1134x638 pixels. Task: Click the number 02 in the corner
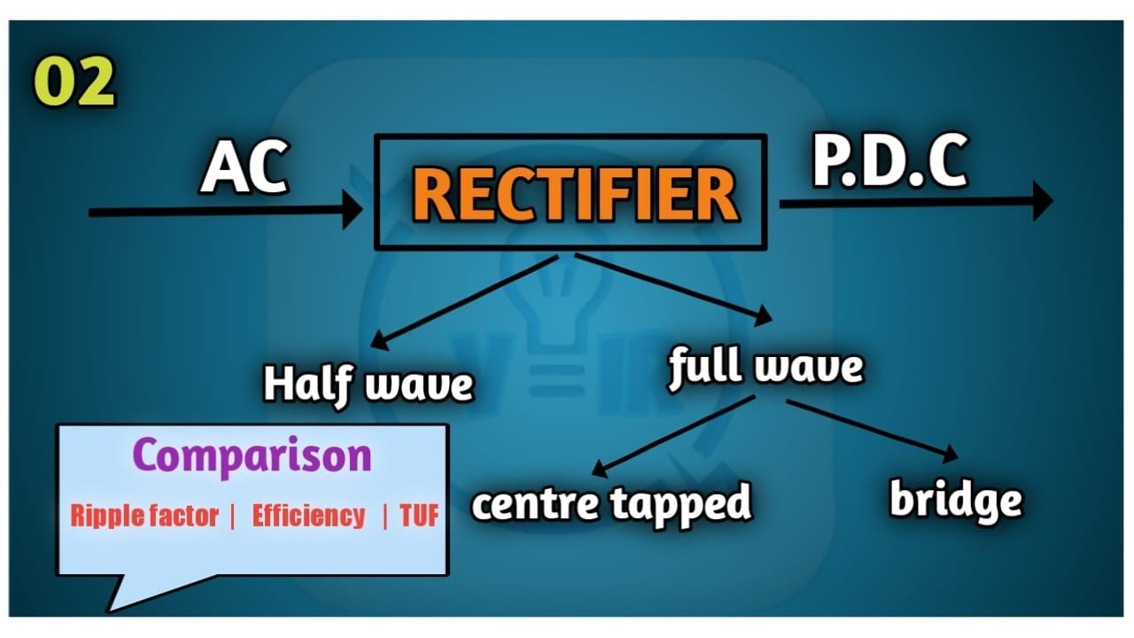pos(75,82)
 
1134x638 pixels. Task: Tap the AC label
pos(244,168)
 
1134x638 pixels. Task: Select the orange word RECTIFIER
pos(575,194)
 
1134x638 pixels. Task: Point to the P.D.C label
pos(889,162)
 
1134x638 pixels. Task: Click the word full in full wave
pos(705,365)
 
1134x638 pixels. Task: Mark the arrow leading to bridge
pos(873,430)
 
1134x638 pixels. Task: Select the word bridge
pos(955,501)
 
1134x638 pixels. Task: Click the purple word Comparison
pos(252,456)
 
